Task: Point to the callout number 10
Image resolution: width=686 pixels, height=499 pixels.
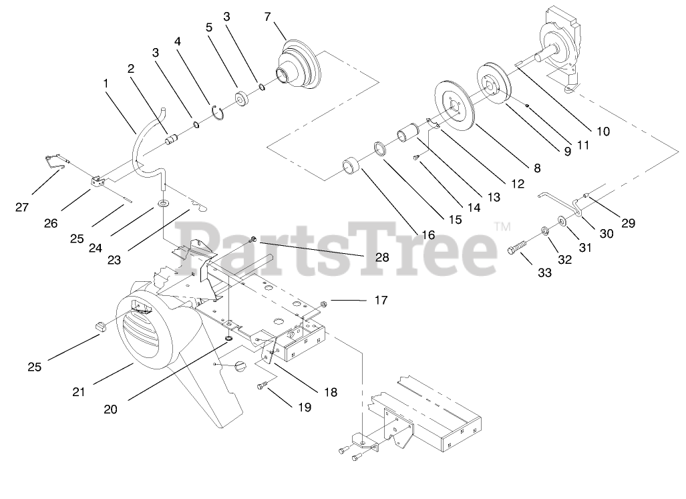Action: coord(603,132)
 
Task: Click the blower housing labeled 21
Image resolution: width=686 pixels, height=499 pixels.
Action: coord(150,334)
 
